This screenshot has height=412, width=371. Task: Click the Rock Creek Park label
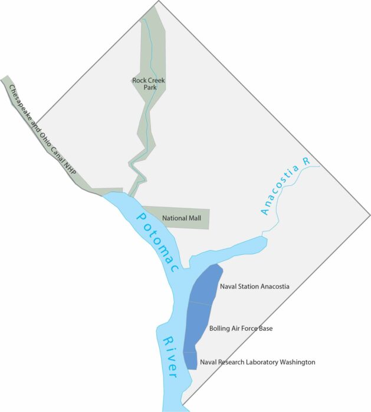(147, 83)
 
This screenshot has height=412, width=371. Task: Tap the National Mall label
(182, 218)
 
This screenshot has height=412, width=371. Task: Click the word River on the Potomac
(170, 357)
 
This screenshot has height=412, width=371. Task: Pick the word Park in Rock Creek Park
(147, 88)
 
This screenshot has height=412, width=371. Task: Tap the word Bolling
(220, 328)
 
